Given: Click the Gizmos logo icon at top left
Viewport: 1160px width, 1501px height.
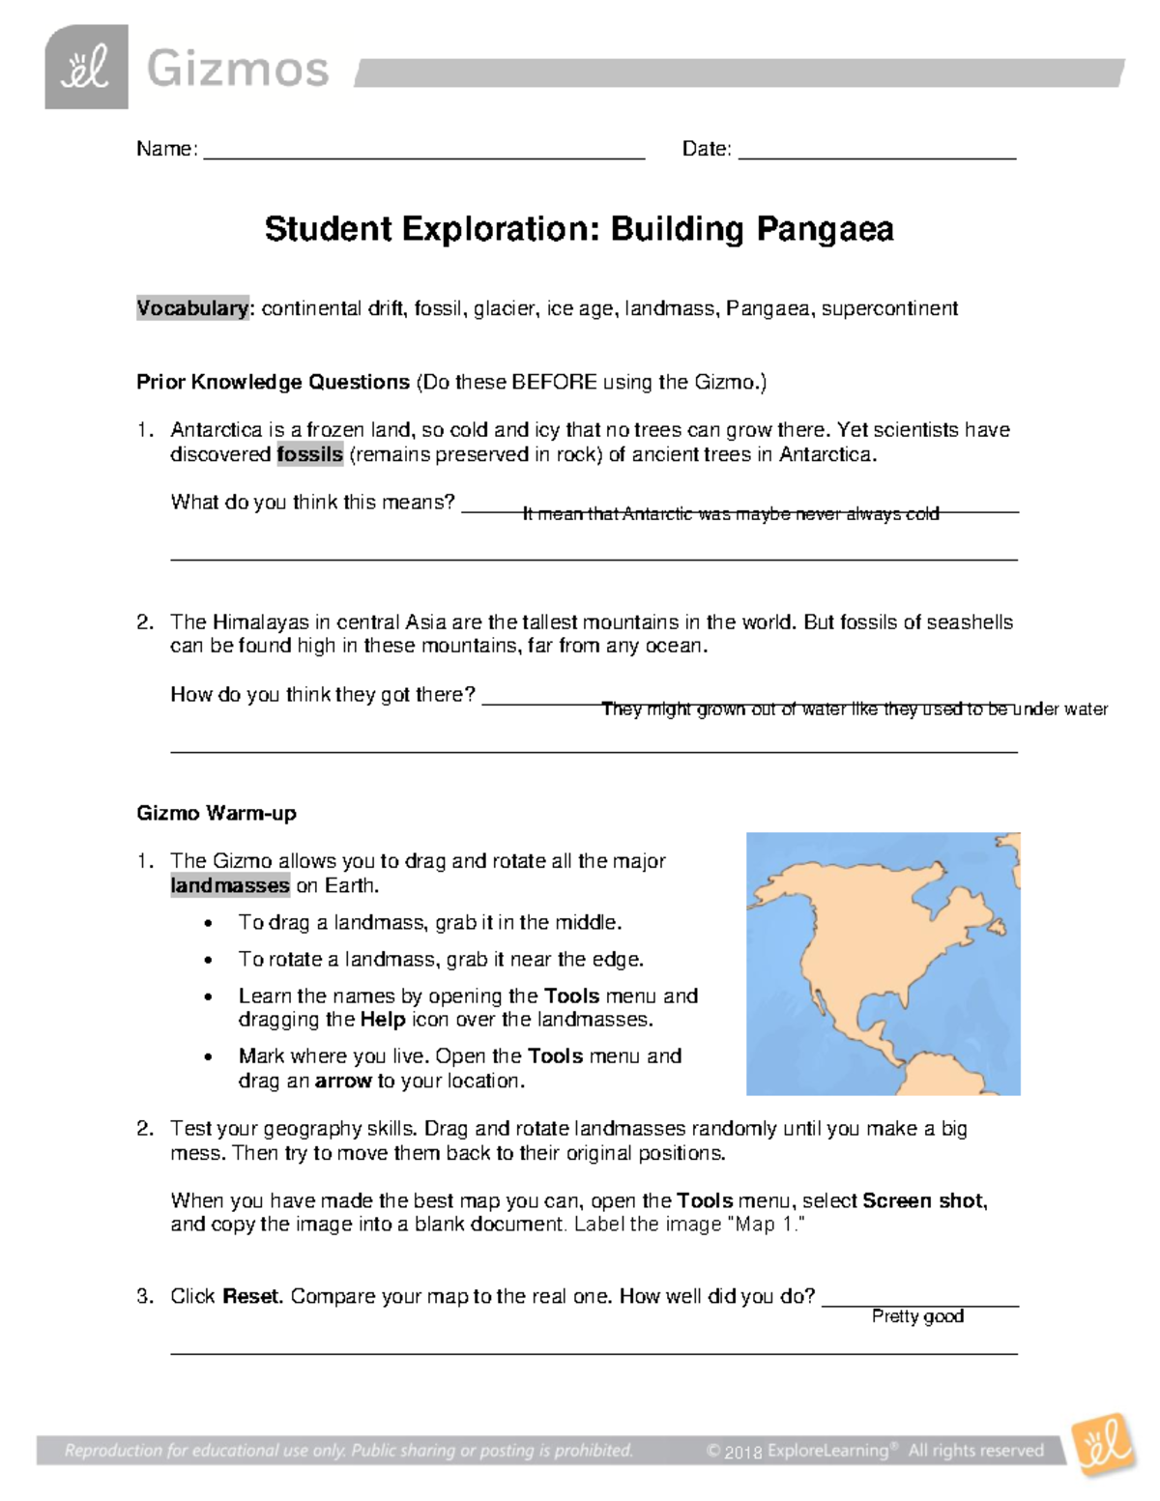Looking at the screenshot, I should click(86, 67).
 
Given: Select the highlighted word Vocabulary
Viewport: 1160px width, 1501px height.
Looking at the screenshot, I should click(192, 308).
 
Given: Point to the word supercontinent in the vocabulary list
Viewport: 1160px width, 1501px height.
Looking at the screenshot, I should click(889, 308).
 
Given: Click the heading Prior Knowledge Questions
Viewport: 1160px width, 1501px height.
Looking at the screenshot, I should click(273, 382).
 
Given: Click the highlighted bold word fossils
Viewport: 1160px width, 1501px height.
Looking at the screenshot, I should click(309, 454).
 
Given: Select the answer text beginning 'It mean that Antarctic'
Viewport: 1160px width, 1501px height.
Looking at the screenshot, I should click(730, 514).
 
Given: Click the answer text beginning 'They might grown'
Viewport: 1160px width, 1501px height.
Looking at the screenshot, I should click(854, 709).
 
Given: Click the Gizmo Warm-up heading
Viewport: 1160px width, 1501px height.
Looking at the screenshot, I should click(217, 813).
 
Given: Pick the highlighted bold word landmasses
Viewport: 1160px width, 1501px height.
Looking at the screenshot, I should click(230, 885).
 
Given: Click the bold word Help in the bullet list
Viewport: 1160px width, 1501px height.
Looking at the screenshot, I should click(382, 1020).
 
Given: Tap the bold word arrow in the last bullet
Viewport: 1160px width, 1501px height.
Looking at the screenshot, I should click(343, 1081).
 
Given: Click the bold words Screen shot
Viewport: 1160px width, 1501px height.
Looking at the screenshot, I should click(923, 1200).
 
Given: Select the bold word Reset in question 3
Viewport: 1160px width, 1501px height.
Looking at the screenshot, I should click(250, 1296).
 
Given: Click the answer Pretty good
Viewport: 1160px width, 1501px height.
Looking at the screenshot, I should click(917, 1316).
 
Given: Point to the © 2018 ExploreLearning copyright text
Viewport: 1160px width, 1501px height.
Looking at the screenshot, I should click(875, 1450).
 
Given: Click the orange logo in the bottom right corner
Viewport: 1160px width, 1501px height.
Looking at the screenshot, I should click(1102, 1445).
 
